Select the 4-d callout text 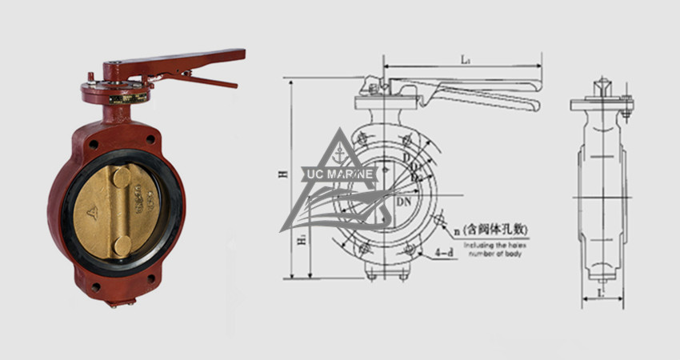(x=446, y=253)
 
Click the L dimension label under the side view (x=598, y=293)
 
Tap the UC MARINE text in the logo (x=340, y=174)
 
